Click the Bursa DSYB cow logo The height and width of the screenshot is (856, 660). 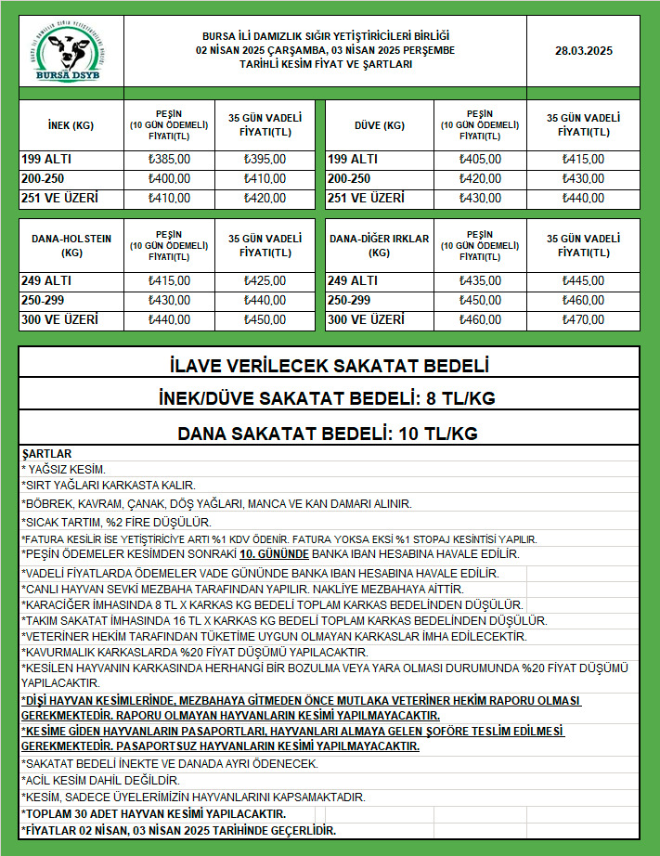point(71,55)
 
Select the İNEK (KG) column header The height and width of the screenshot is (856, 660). point(71,125)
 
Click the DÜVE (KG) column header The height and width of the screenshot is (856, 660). point(379,125)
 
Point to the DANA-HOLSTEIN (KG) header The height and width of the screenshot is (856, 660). point(71,245)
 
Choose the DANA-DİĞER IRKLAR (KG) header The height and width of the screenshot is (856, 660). point(379,245)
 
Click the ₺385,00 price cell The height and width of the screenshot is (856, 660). point(169,159)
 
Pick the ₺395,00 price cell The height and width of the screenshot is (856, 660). point(265,159)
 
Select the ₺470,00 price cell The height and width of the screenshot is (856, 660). point(583,320)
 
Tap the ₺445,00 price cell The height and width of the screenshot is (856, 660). point(583,280)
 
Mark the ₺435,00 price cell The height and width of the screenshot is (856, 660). point(480,280)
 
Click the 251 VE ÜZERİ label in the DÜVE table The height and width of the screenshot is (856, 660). point(366,198)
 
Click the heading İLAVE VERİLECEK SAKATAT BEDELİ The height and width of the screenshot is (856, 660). point(330,365)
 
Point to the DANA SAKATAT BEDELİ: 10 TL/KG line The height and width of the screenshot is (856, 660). point(330,433)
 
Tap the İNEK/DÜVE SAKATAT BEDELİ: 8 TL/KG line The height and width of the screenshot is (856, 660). point(330,399)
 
